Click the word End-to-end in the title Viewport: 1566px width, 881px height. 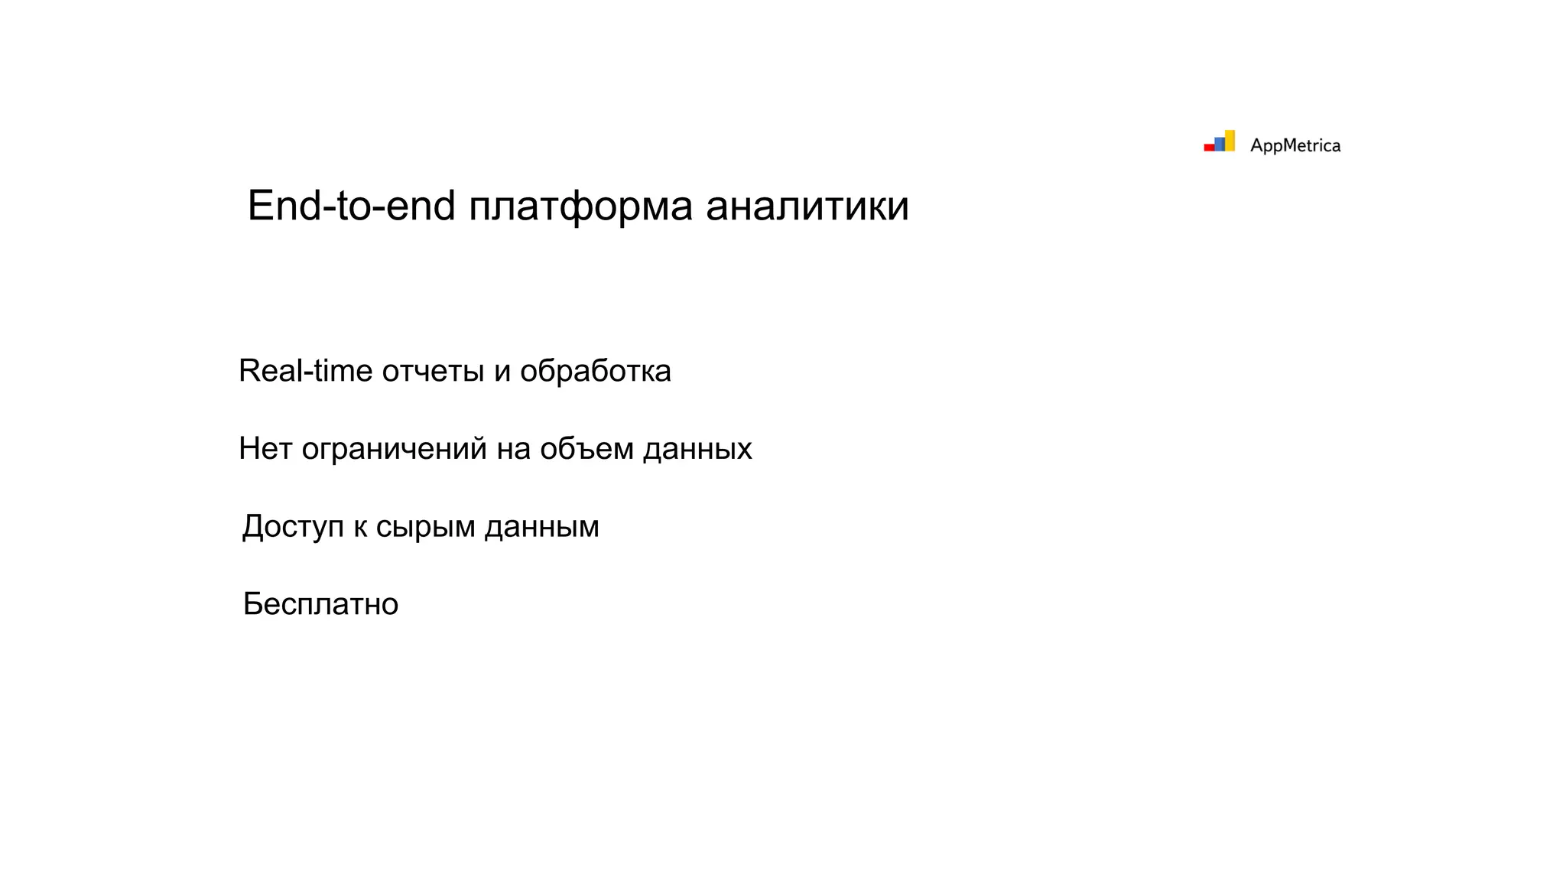pyautogui.click(x=351, y=206)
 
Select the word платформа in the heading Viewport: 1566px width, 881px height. pyautogui.click(x=580, y=207)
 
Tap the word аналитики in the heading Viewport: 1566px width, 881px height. pyautogui.click(x=807, y=206)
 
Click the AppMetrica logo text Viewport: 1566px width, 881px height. pyautogui.click(x=1295, y=145)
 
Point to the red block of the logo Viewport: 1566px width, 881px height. pyautogui.click(x=1209, y=147)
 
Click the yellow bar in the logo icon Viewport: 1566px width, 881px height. pyautogui.click(x=1230, y=141)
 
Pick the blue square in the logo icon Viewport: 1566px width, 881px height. pyautogui.click(x=1220, y=144)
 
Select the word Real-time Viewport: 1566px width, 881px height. pyautogui.click(x=305, y=371)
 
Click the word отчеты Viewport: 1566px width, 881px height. pyautogui.click(x=433, y=372)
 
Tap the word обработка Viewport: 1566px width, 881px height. pyautogui.click(x=595, y=371)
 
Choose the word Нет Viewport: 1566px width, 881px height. pyautogui.click(x=265, y=449)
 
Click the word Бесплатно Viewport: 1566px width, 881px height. pyautogui.click(x=320, y=604)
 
